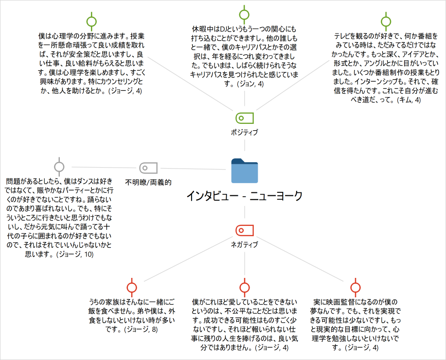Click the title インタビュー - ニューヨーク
pos(245,196)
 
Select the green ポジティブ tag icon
pos(245,118)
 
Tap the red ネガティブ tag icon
pos(245,230)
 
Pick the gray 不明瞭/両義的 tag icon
pos(148,168)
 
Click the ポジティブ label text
pos(245,133)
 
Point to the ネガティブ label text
pos(245,245)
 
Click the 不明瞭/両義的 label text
pos(148,182)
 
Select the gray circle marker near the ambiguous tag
pos(59,167)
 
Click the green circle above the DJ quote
pos(244,15)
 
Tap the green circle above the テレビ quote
pos(386,21)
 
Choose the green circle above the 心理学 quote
pos(91,21)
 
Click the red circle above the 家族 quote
pos(132,288)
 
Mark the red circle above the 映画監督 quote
pos(355,288)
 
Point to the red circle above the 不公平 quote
pos(245,288)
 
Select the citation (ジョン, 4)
pos(250,84)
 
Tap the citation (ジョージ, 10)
pos(75,254)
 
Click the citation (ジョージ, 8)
pos(141,329)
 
